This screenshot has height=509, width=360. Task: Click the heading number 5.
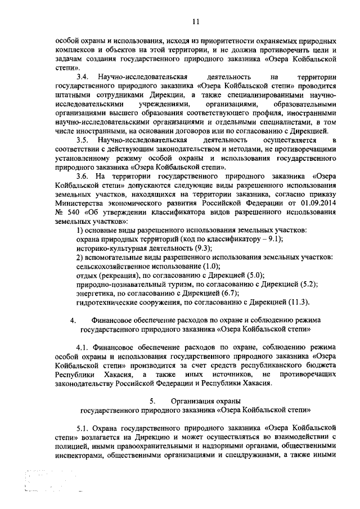[152, 402]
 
